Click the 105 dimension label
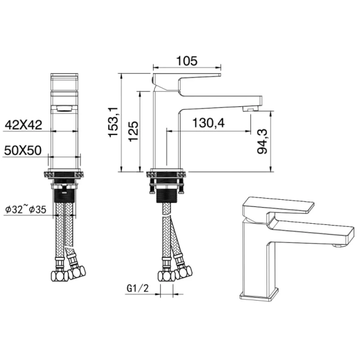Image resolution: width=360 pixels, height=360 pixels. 187,61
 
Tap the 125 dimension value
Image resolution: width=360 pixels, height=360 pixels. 134,131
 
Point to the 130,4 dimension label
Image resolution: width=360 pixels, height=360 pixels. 208,123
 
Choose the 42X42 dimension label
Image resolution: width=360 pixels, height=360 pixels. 23,125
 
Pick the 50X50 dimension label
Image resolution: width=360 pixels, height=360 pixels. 22,152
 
